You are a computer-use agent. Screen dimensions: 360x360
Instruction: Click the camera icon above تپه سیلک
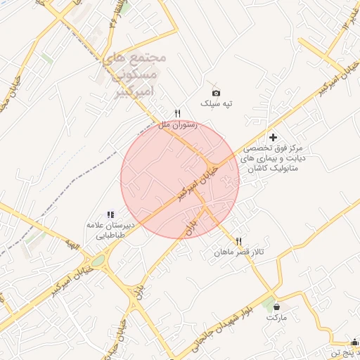click(x=216, y=93)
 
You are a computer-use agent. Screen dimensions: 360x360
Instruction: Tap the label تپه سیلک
click(x=216, y=103)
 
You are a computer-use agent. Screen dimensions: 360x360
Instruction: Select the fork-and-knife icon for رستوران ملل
click(x=178, y=113)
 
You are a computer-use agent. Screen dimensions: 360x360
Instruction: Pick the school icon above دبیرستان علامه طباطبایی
click(x=110, y=214)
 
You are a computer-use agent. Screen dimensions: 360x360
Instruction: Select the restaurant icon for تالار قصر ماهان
click(x=239, y=241)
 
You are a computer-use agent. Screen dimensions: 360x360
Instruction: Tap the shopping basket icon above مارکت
click(x=276, y=307)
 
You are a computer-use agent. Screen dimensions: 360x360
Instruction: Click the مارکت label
click(x=276, y=318)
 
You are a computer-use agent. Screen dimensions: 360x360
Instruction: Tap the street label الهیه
click(x=71, y=245)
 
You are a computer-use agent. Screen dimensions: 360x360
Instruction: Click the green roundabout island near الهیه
click(x=98, y=261)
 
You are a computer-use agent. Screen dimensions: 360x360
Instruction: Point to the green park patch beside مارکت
click(x=267, y=303)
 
